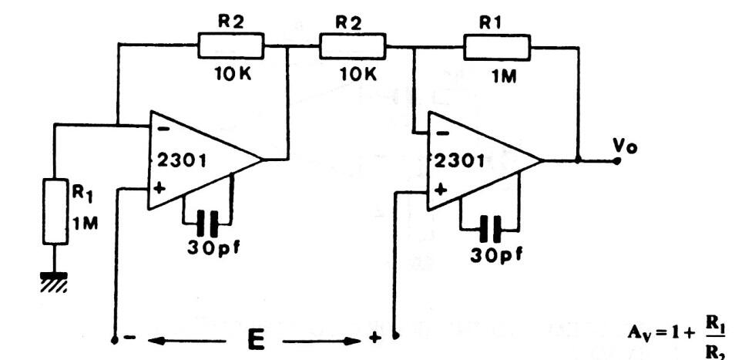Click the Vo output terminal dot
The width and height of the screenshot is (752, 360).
pos(617,161)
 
